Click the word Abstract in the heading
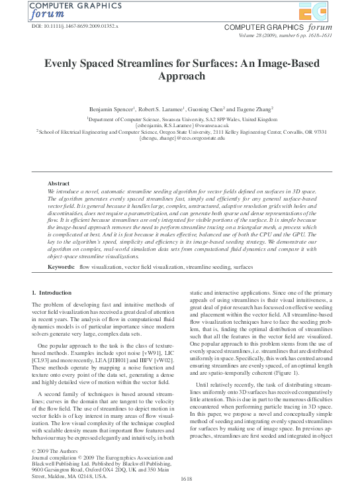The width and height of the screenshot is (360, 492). (x=60, y=183)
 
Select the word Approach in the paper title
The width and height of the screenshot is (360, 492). (x=181, y=77)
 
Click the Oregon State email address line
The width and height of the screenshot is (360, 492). (x=181, y=138)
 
